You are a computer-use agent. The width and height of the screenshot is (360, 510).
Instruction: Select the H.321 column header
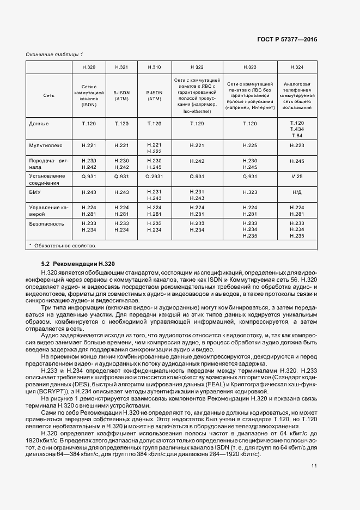point(121,67)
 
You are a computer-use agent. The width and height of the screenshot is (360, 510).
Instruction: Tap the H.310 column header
point(154,67)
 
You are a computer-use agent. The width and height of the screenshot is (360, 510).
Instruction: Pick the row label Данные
point(38,124)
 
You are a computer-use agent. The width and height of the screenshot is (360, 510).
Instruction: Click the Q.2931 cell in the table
point(154,177)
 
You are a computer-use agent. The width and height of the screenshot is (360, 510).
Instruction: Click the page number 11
point(314,466)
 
